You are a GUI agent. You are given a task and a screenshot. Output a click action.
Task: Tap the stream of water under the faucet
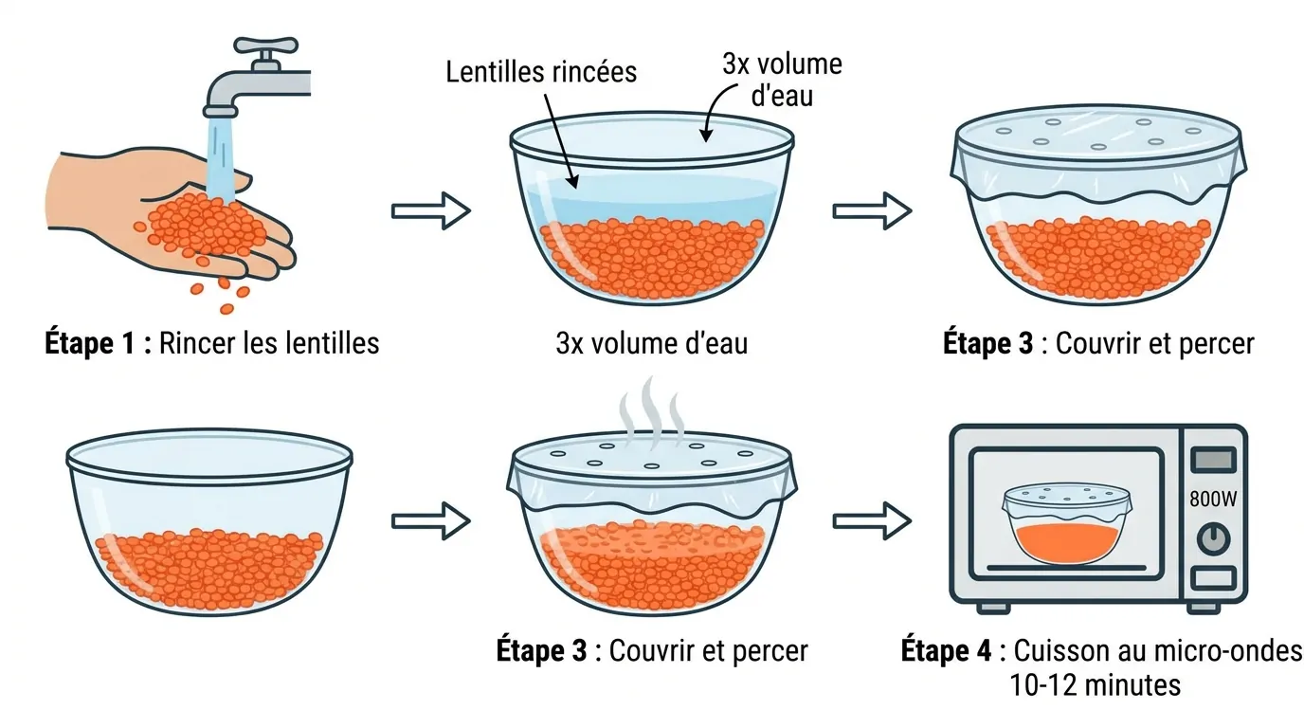pos(220,158)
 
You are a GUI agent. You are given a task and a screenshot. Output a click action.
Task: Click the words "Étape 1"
pos(90,342)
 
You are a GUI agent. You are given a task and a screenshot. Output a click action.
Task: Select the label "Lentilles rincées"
pos(541,72)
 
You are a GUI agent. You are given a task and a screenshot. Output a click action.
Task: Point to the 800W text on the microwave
pos(1213,500)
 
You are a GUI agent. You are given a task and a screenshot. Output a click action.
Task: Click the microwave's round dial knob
pos(1214,539)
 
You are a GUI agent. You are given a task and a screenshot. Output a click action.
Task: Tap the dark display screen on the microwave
pos(1213,460)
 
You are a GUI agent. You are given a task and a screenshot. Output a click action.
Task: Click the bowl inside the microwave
pos(1067,523)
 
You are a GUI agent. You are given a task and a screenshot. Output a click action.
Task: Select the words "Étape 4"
pos(946,650)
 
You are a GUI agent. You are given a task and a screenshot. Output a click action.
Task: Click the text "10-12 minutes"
pos(1095,685)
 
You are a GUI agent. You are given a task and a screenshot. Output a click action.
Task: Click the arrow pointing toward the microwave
pos(872,520)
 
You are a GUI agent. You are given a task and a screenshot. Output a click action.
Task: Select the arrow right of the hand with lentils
pos(431,210)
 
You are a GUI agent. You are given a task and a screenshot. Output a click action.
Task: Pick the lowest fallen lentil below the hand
pos(227,309)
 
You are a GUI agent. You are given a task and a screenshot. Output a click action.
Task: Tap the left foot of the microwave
pos(993,608)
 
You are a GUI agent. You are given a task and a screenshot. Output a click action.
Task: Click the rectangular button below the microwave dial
pos(1213,578)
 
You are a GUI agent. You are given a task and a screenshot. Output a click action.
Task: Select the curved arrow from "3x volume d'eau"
pos(717,111)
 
